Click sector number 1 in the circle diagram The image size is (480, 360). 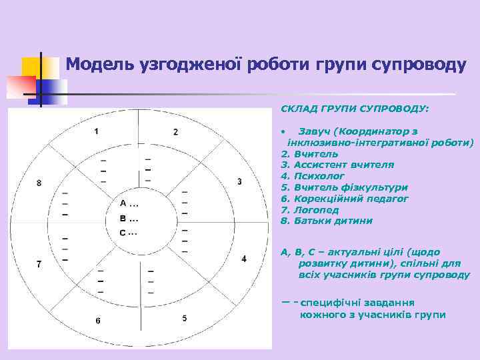(96, 131)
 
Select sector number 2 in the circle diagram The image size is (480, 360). (175, 131)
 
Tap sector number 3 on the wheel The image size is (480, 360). (239, 181)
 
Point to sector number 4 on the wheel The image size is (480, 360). (243, 258)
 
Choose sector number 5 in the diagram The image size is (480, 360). (185, 318)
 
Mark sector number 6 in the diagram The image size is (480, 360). (97, 321)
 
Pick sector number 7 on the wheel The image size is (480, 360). (39, 264)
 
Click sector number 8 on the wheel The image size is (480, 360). (39, 183)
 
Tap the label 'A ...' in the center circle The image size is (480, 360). (129, 203)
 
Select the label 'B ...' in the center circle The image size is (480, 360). (129, 218)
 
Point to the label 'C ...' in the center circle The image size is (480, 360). (128, 233)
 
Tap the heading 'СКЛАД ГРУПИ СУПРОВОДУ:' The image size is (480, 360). (355, 107)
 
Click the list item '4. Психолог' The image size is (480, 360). (313, 176)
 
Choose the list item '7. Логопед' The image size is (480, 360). (310, 209)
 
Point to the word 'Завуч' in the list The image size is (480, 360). (314, 131)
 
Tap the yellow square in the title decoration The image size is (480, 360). (31, 67)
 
